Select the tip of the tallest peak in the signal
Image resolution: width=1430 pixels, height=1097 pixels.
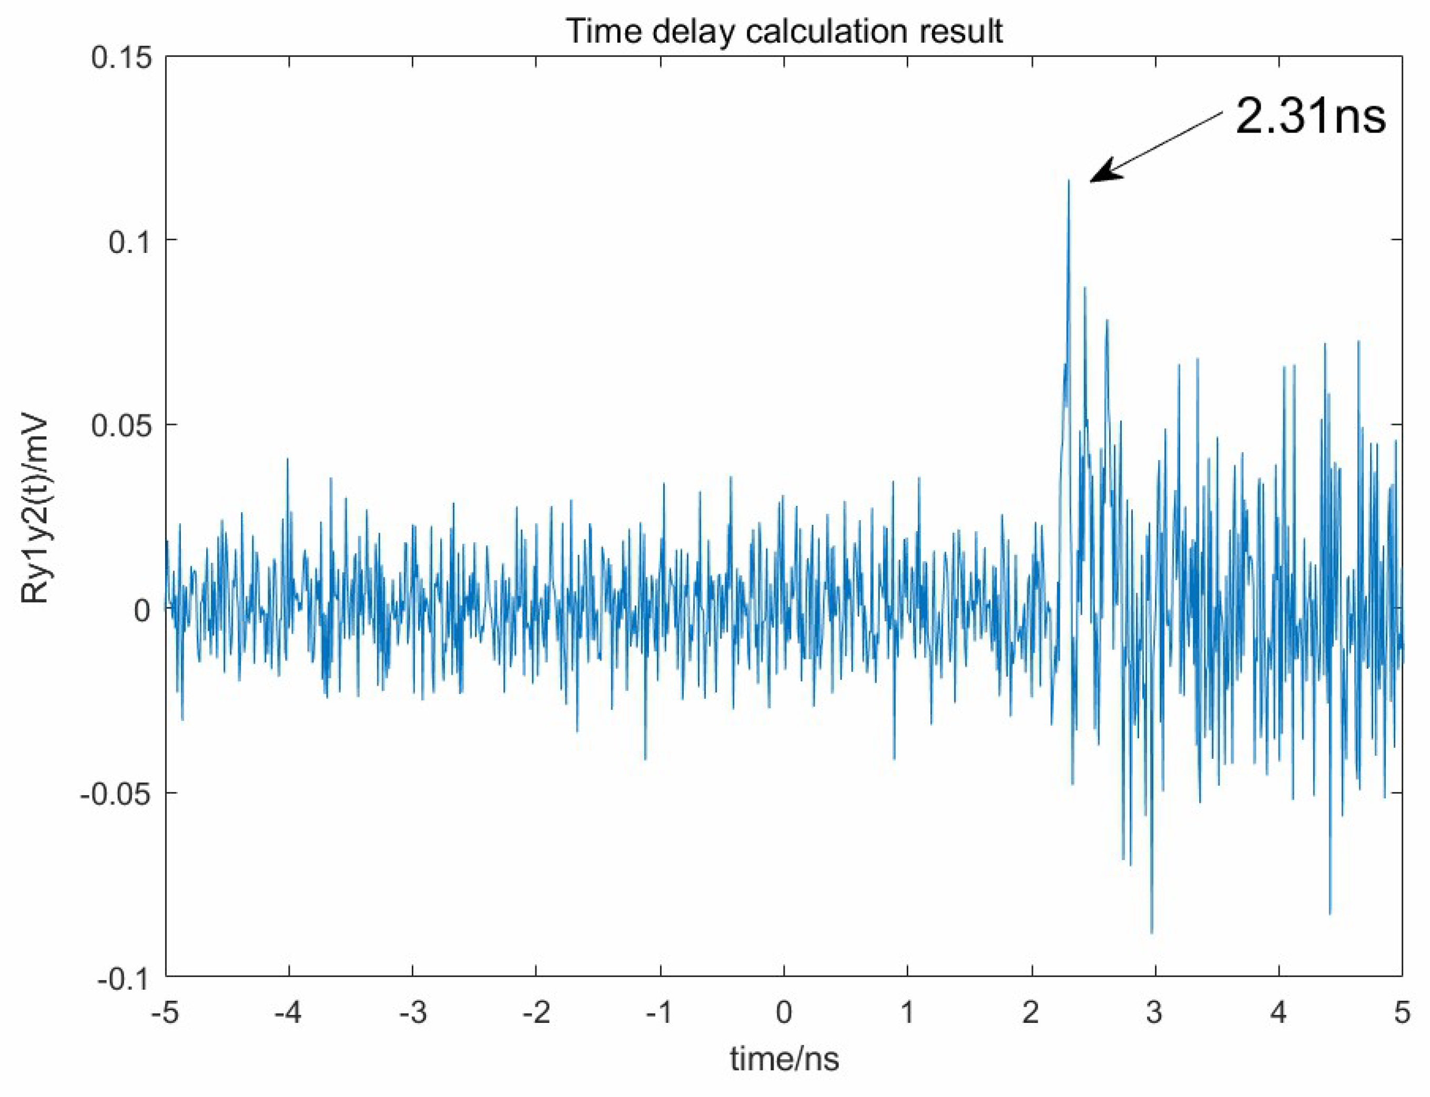click(1069, 181)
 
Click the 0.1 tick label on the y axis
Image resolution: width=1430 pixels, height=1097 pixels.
click(129, 241)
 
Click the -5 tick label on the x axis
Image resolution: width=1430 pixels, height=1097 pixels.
click(165, 1013)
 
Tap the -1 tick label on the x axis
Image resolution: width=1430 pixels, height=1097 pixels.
click(660, 1013)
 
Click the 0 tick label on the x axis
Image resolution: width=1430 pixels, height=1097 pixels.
click(784, 1013)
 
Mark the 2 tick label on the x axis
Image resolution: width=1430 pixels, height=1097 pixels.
click(1031, 1013)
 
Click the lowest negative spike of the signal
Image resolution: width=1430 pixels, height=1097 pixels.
click(1151, 932)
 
